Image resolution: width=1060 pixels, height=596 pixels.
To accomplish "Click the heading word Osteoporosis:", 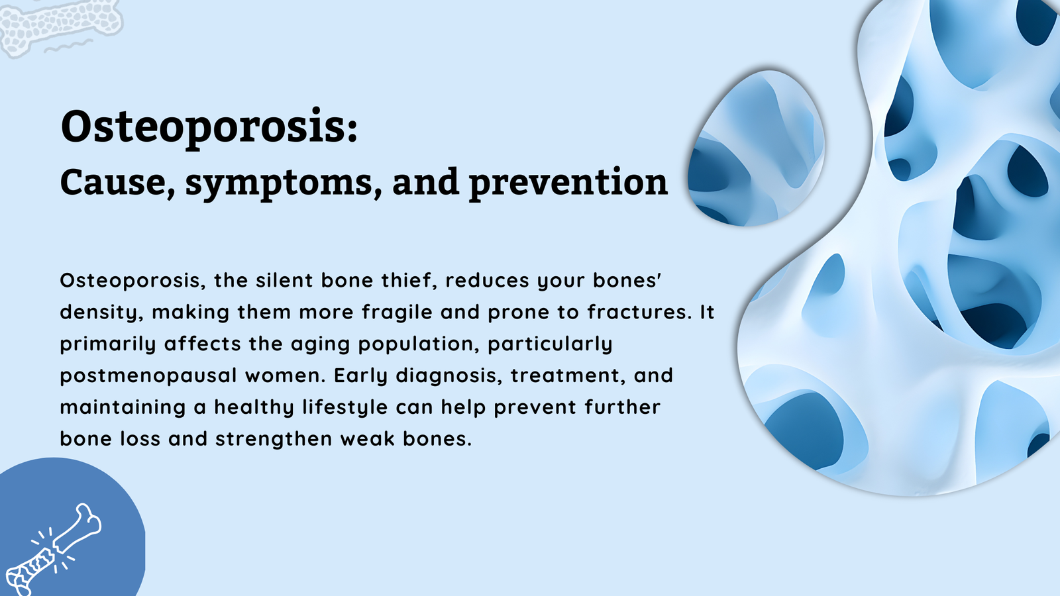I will click(x=209, y=127).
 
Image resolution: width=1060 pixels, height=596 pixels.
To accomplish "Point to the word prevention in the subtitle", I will click(x=568, y=183).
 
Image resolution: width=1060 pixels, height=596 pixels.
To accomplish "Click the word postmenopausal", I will click(x=148, y=376).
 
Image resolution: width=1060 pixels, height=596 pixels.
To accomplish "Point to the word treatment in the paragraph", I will click(x=567, y=375).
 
